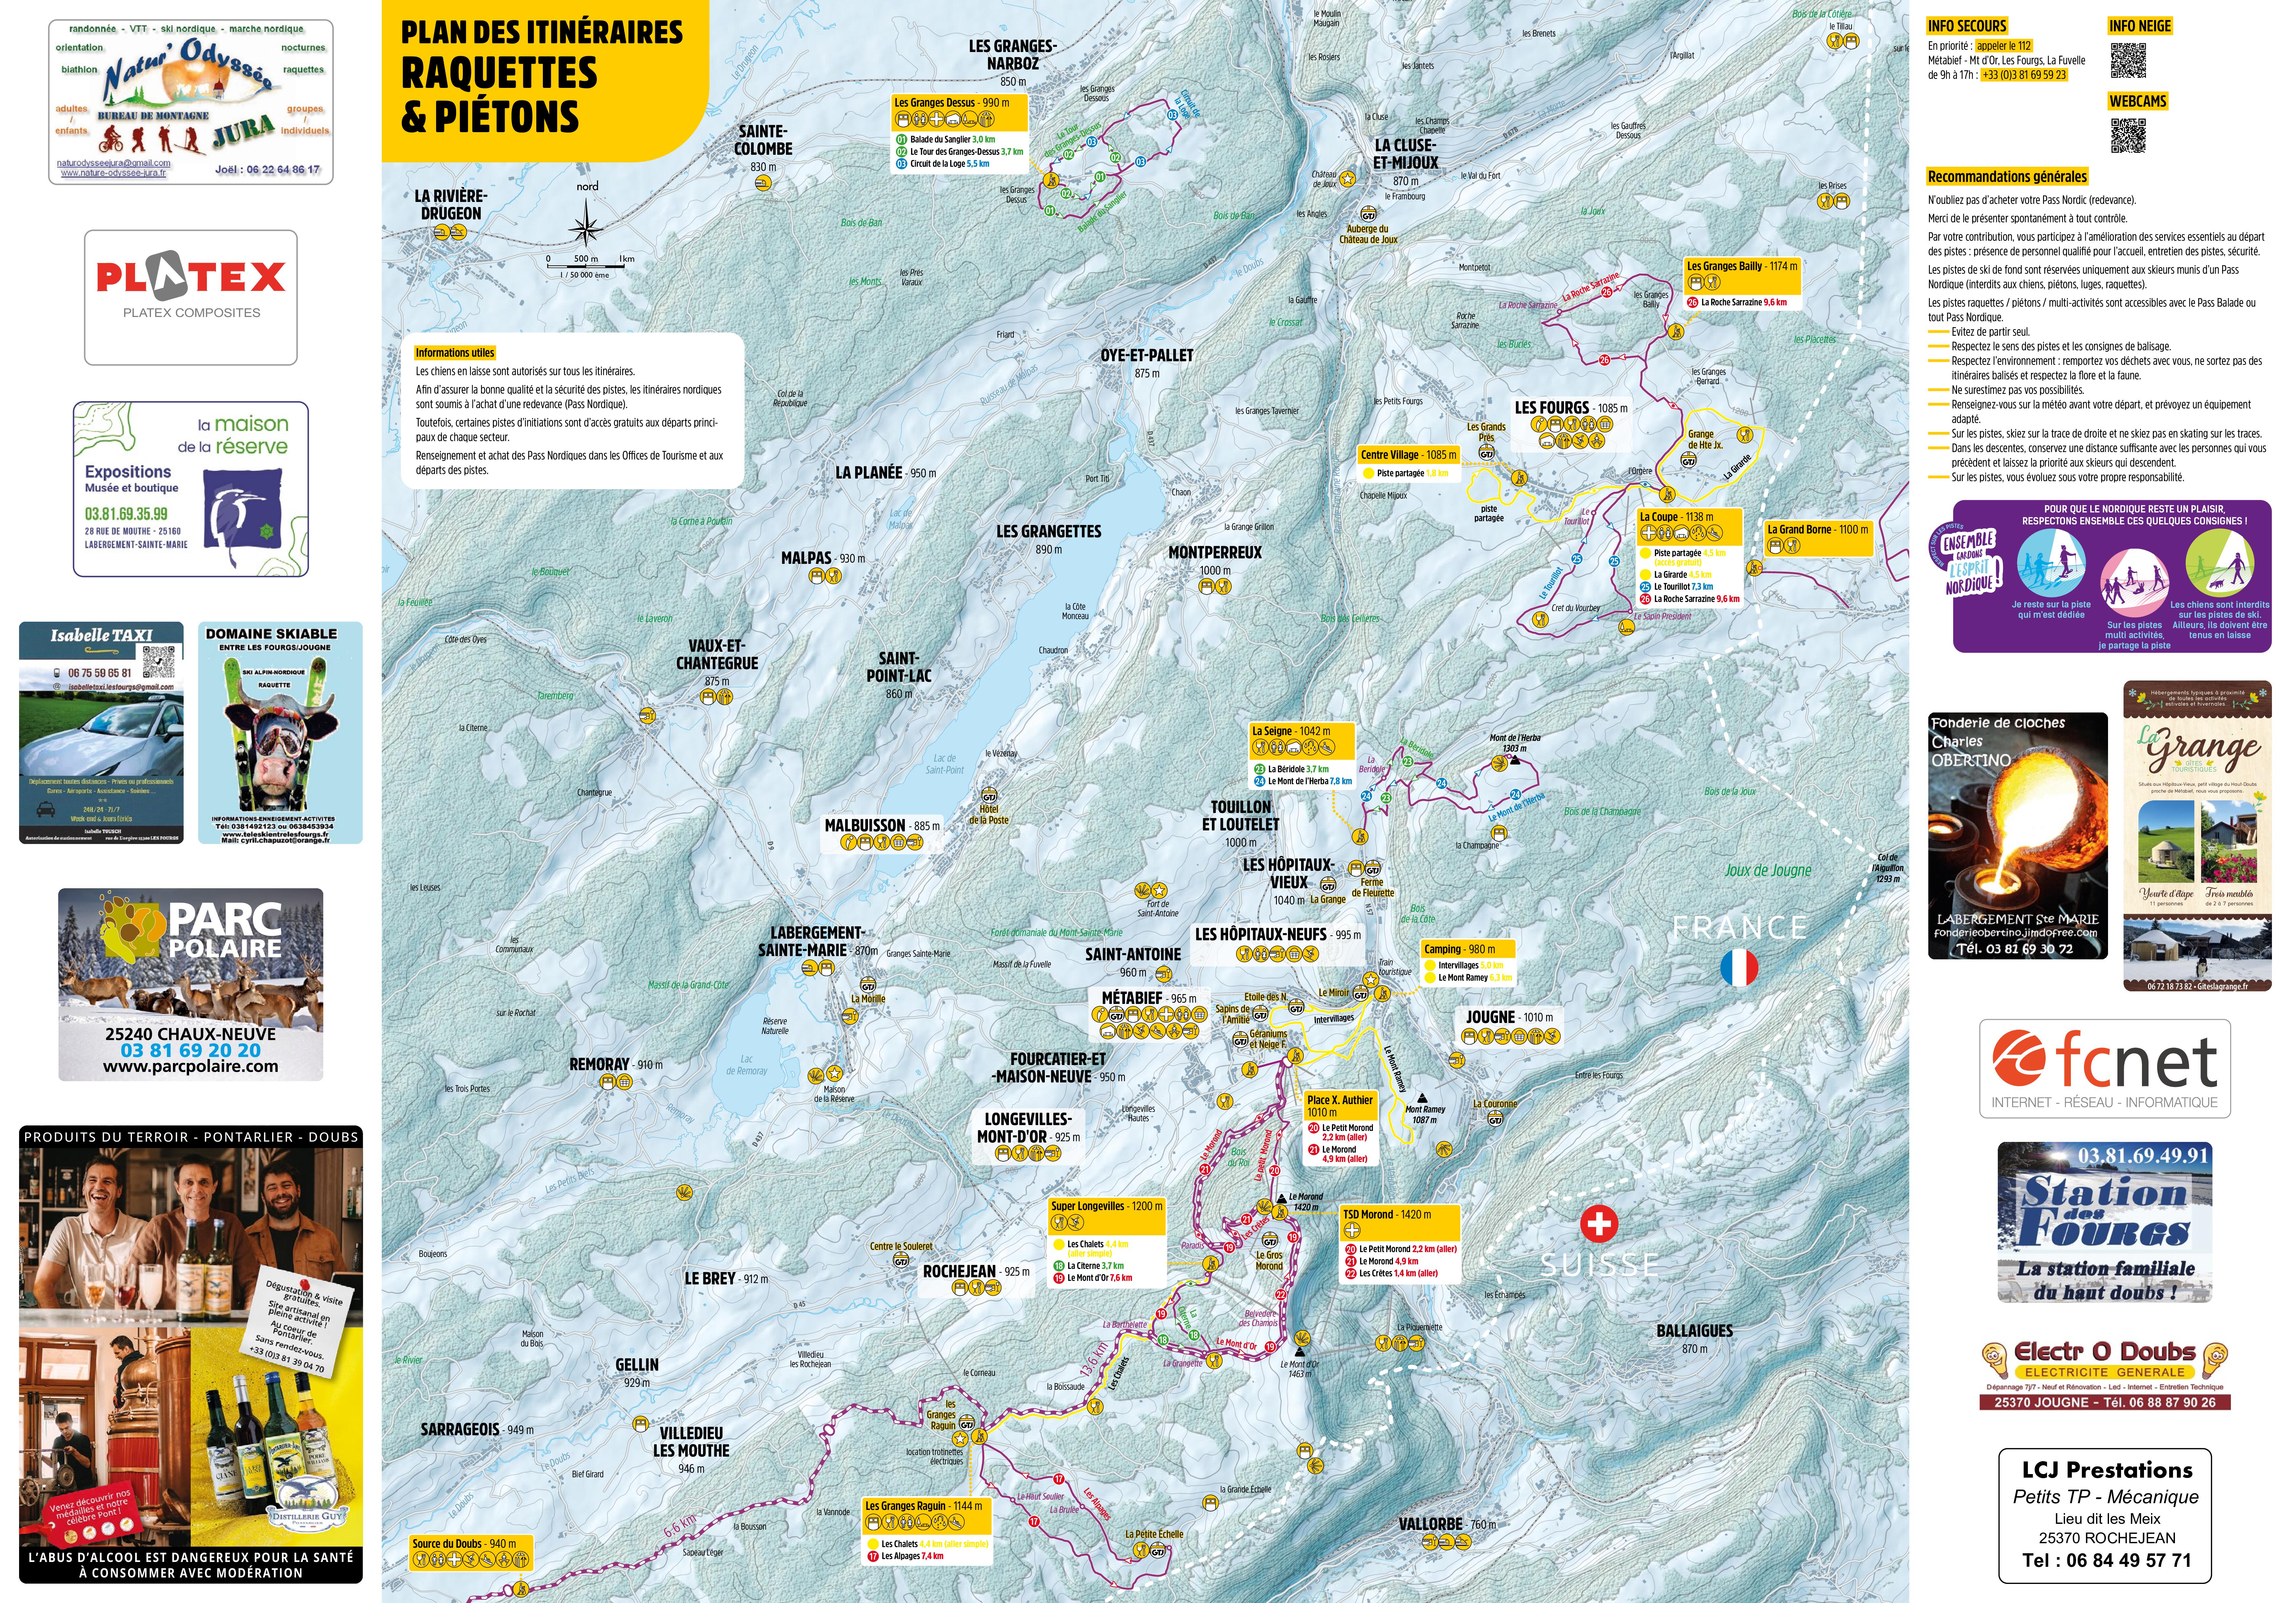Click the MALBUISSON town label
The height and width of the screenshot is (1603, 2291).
(x=864, y=826)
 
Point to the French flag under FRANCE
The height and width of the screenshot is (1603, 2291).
(x=1738, y=968)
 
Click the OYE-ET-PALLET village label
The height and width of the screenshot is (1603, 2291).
(x=1147, y=355)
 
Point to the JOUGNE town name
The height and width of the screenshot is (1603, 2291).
(x=1490, y=1018)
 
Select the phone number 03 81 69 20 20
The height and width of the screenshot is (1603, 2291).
(x=191, y=1050)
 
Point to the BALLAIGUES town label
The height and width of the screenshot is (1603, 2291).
(x=1694, y=1331)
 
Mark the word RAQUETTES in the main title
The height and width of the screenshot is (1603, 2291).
(x=499, y=74)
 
